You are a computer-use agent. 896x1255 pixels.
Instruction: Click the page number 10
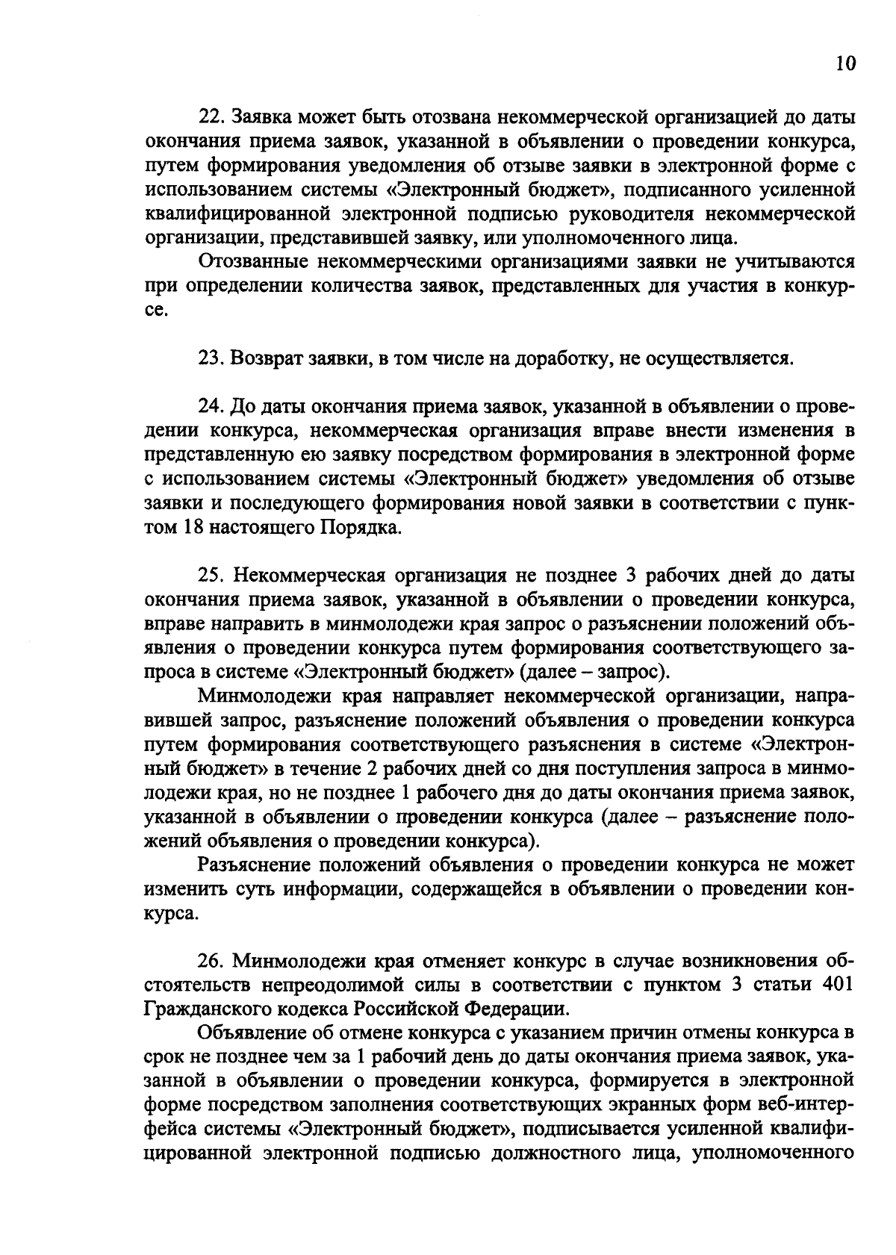844,63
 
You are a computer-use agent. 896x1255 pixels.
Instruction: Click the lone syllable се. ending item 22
155,311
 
